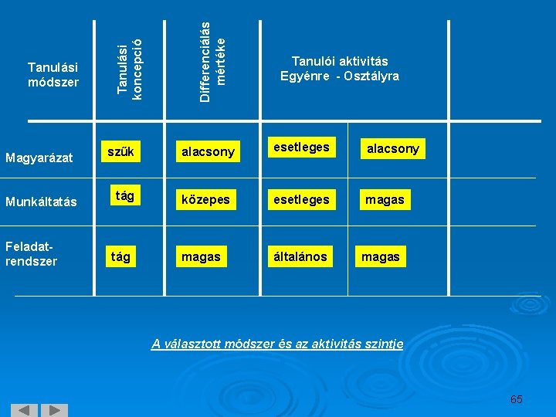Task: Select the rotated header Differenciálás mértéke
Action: point(212,54)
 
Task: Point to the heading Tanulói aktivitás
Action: point(339,61)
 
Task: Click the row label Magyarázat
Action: point(39,158)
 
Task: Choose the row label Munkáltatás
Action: point(41,202)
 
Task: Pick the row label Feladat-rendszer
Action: point(31,255)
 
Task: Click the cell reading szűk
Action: point(120,152)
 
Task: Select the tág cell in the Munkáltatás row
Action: point(124,196)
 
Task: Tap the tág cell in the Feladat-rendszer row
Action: point(120,256)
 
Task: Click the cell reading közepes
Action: point(205,200)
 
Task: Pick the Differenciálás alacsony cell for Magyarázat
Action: point(207,152)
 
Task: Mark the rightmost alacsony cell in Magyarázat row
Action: point(392,148)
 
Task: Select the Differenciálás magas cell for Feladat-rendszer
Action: point(201,256)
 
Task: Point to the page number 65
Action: point(516,399)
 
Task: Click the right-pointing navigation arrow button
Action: point(53,410)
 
